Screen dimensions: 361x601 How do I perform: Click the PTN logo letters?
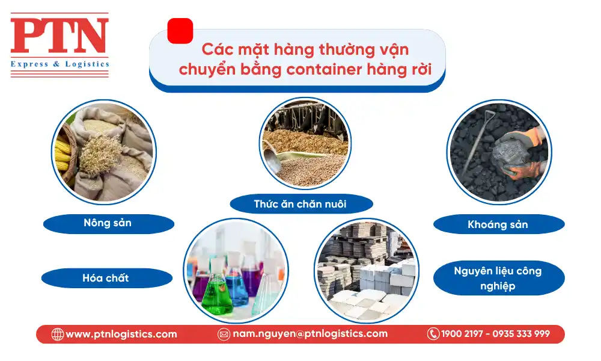pyautogui.click(x=59, y=36)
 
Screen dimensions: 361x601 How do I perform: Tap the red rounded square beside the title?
pyautogui.click(x=180, y=31)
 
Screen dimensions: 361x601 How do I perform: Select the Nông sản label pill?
pyautogui.click(x=108, y=223)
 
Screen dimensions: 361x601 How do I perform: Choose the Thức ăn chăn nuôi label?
pyautogui.click(x=300, y=204)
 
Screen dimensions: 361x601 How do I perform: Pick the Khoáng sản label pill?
pyautogui.click(x=498, y=224)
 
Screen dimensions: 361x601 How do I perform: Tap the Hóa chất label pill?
pyautogui.click(x=106, y=278)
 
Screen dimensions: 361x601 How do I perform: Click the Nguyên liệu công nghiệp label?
pyautogui.click(x=498, y=278)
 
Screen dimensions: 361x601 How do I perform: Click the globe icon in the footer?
pyautogui.click(x=58, y=335)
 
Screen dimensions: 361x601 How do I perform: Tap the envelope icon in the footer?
pyautogui.click(x=224, y=335)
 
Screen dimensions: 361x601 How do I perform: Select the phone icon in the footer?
pyautogui.click(x=433, y=334)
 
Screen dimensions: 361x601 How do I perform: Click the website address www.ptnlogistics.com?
pyautogui.click(x=121, y=335)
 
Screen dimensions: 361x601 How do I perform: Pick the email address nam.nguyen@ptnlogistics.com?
pyautogui.click(x=310, y=334)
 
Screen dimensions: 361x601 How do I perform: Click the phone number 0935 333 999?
pyautogui.click(x=521, y=334)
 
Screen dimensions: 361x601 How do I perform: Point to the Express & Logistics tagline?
pyautogui.click(x=59, y=64)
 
